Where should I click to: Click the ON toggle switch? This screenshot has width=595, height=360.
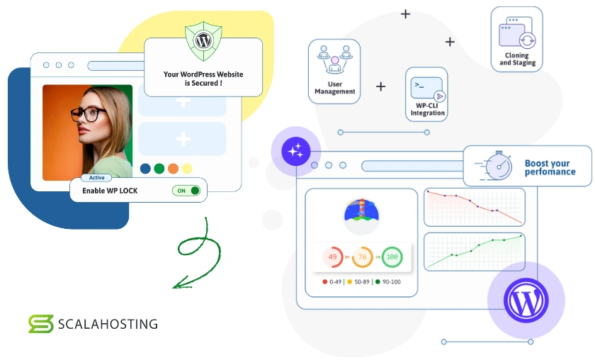click(186, 191)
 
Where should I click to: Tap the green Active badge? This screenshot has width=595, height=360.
click(96, 178)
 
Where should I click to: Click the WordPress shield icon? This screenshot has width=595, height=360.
click(203, 40)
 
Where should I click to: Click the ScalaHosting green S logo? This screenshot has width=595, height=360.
click(40, 324)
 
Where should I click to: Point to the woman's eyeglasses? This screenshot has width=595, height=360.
click(89, 115)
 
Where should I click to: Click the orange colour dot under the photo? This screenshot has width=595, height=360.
click(173, 169)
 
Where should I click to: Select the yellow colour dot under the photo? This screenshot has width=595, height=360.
click(186, 169)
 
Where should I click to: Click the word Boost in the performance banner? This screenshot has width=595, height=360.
click(538, 163)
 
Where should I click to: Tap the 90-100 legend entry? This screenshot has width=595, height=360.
click(387, 282)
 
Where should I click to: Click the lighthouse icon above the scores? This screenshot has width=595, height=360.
click(361, 213)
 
